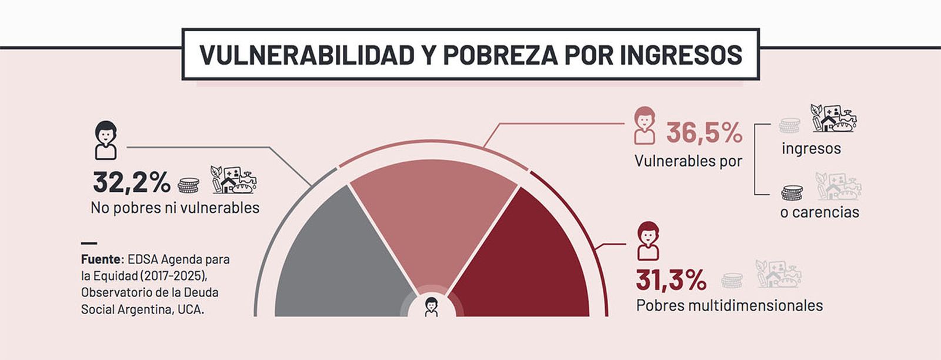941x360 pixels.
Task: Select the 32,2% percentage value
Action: coord(131,183)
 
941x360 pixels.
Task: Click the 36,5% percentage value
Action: coord(704,133)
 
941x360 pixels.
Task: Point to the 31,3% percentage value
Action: coord(671,281)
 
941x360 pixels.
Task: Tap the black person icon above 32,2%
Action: coord(106,140)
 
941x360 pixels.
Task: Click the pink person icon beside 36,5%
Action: coord(645,125)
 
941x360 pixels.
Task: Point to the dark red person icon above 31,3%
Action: coord(648,241)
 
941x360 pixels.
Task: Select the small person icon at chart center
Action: coord(432,306)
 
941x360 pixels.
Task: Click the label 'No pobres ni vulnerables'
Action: coord(175,208)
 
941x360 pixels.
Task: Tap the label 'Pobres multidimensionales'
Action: coord(729,305)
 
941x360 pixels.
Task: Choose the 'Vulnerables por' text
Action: coord(688,161)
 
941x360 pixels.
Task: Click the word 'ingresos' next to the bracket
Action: coord(811,149)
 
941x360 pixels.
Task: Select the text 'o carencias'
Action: coord(819,212)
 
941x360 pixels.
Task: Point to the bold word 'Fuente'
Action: coord(101,259)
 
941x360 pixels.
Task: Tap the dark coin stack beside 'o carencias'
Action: coord(792,192)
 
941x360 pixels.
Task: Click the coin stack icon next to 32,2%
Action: coord(188,185)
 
